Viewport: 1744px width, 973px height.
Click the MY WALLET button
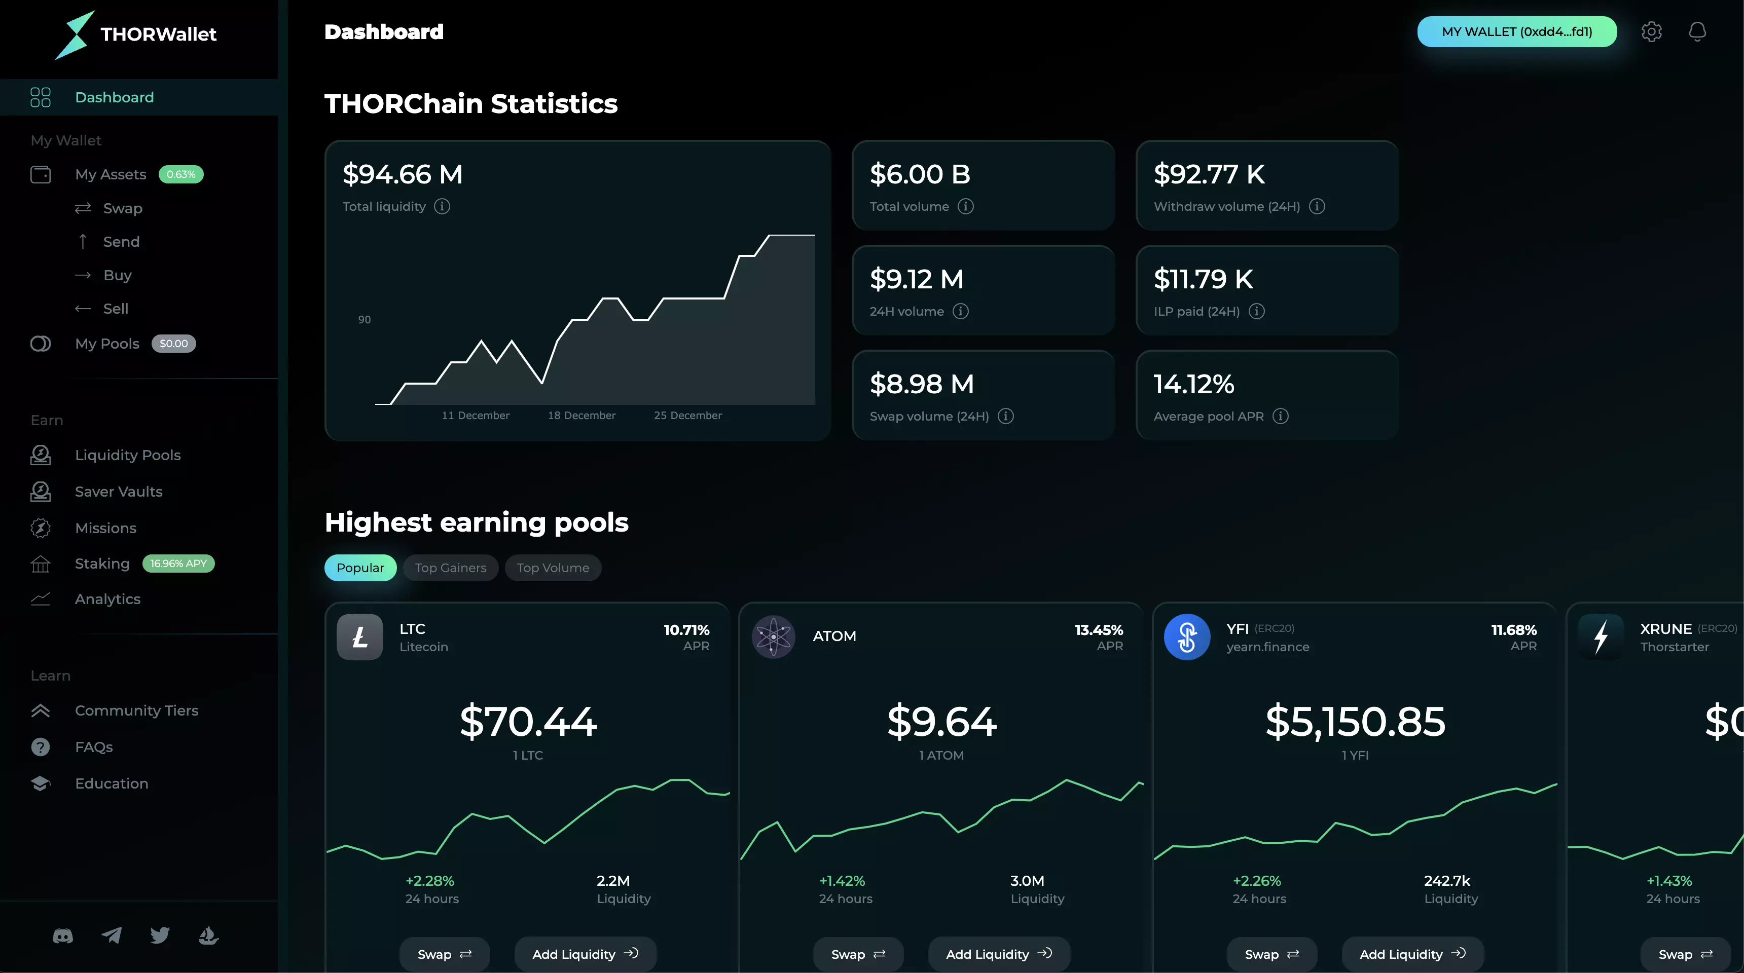click(x=1516, y=32)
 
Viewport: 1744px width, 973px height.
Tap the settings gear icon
click(x=1651, y=32)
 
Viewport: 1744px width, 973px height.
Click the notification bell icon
click(x=1697, y=32)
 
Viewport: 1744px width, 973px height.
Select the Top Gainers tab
click(x=450, y=568)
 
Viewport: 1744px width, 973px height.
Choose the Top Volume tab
click(x=553, y=568)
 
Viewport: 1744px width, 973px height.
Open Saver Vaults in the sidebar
click(x=119, y=491)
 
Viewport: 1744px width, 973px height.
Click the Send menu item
click(x=121, y=242)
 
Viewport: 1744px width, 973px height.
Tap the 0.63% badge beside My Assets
click(x=181, y=174)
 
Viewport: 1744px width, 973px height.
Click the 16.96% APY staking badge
click(x=178, y=564)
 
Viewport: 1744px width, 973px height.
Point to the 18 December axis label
click(x=582, y=416)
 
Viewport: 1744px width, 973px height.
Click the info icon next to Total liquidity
click(x=442, y=206)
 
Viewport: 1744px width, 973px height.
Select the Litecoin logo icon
click(x=359, y=637)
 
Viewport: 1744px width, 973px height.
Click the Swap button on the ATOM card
click(x=858, y=954)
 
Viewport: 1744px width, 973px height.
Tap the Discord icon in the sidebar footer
click(x=63, y=936)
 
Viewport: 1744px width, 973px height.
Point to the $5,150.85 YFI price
click(x=1355, y=721)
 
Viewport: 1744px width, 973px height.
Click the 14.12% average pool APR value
click(x=1193, y=384)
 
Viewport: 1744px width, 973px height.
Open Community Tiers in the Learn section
click(x=136, y=710)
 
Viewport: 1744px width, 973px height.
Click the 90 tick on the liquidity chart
click(x=364, y=319)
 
